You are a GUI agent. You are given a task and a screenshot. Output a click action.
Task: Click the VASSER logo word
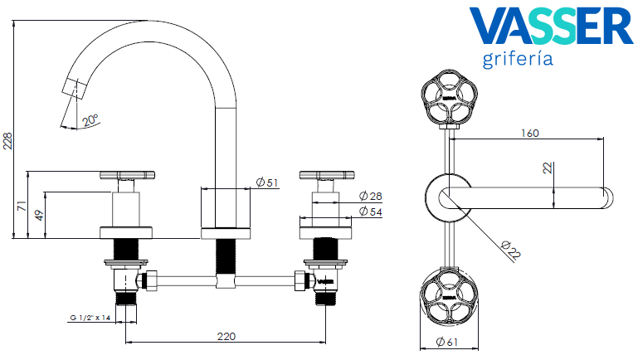click(550, 28)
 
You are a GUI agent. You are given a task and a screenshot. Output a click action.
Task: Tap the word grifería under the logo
click(517, 60)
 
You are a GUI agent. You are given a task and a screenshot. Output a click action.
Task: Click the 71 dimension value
click(22, 205)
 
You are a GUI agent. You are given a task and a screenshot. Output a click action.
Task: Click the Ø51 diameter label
click(266, 182)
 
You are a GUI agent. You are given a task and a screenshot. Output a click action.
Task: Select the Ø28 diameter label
click(369, 197)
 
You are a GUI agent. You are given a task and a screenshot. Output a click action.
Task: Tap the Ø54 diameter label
click(369, 213)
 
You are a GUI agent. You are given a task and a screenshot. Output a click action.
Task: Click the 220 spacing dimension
click(226, 336)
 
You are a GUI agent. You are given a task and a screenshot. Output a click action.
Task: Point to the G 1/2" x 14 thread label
click(90, 318)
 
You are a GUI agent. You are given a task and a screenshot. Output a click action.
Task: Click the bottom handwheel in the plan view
click(448, 299)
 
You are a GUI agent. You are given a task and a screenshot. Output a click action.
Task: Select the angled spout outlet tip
click(72, 89)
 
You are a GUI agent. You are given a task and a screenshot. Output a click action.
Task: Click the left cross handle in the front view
click(127, 175)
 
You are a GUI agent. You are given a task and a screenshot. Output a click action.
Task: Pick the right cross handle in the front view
click(327, 175)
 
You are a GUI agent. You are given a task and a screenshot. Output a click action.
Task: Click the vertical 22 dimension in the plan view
click(547, 168)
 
